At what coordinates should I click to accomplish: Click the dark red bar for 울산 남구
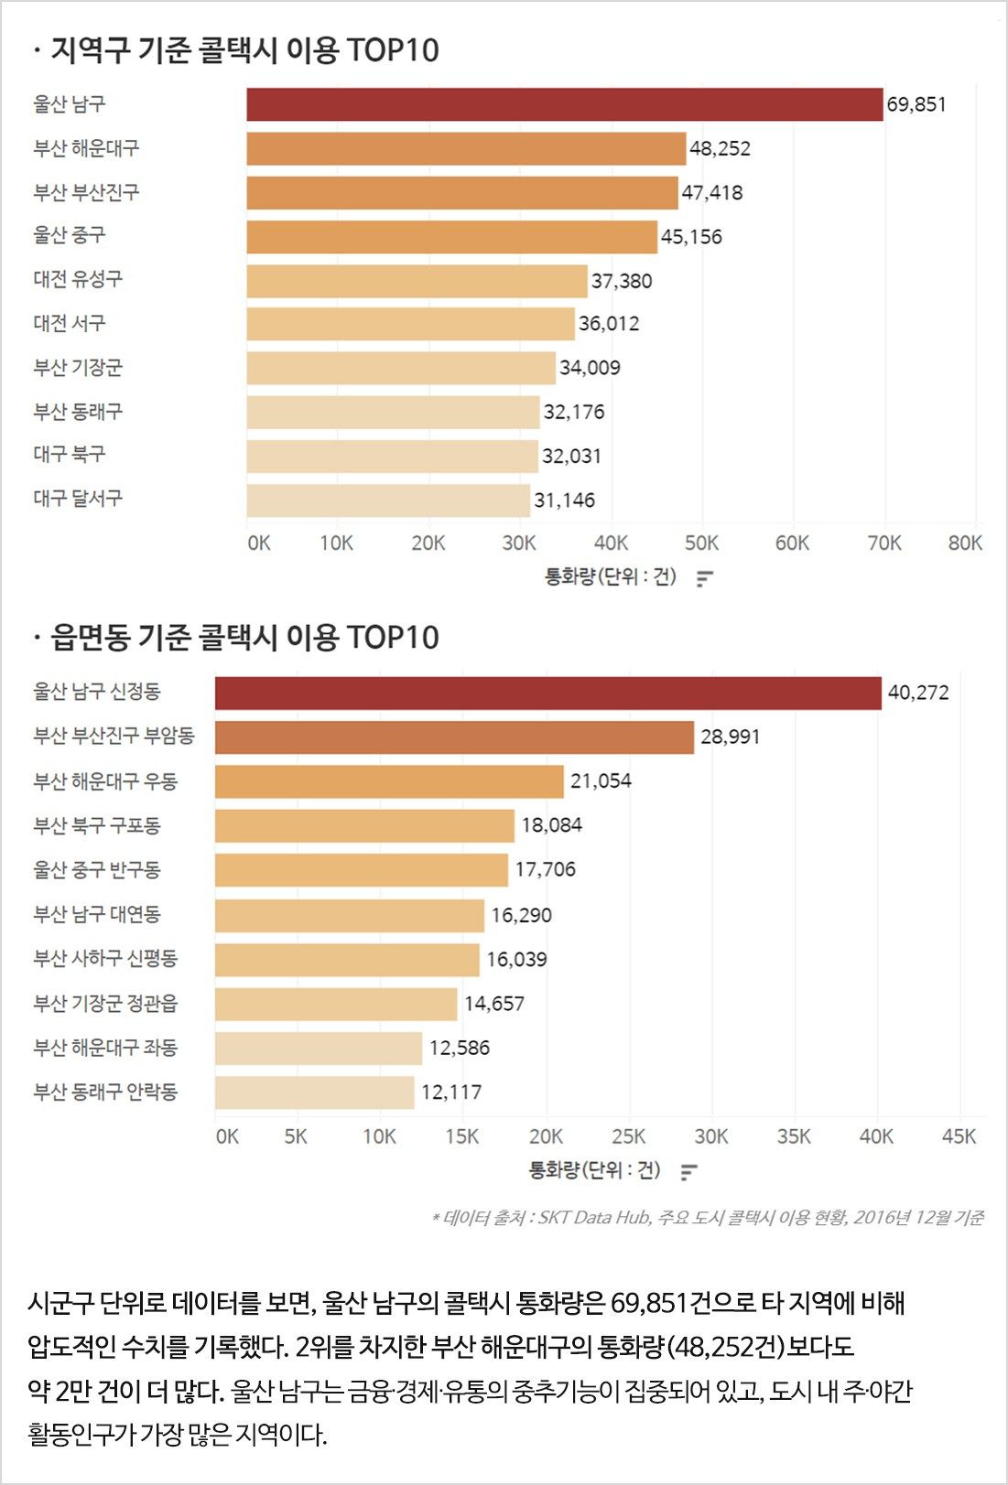(564, 104)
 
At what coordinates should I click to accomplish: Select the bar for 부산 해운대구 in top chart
(465, 148)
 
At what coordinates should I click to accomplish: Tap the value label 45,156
(691, 237)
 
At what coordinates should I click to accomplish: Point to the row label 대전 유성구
(78, 279)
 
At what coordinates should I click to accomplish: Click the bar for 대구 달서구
(387, 500)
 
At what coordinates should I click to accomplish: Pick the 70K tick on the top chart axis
(883, 543)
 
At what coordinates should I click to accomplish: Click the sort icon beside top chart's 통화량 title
(704, 578)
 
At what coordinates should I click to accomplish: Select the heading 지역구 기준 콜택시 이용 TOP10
(244, 50)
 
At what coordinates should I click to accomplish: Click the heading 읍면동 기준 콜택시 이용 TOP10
(244, 638)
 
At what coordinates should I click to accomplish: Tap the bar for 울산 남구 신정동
(547, 694)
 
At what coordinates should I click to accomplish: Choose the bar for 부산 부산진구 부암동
(454, 737)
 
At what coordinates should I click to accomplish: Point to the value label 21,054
(601, 781)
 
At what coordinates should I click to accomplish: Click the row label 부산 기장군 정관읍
(105, 1004)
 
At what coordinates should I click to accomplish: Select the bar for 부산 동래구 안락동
(314, 1092)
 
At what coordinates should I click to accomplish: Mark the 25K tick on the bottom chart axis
(628, 1136)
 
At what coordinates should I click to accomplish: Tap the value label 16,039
(516, 960)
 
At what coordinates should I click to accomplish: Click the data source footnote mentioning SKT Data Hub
(708, 1218)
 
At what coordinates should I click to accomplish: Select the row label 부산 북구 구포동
(97, 825)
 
